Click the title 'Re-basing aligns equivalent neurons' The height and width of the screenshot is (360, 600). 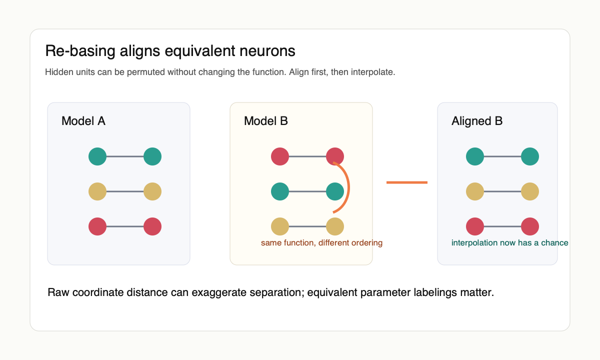(x=170, y=51)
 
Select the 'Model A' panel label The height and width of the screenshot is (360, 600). (x=83, y=121)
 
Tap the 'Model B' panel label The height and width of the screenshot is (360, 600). (x=265, y=121)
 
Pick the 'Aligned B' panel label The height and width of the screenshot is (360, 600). (x=476, y=121)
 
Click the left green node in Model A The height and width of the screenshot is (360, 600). (x=97, y=156)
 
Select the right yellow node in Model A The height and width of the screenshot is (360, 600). (x=152, y=191)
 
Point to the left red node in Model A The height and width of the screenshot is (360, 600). (x=97, y=226)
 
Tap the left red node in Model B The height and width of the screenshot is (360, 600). (x=280, y=156)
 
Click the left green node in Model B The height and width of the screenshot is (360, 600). (x=280, y=191)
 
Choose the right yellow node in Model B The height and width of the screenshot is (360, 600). (x=335, y=226)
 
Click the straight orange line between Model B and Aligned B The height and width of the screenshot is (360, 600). (x=407, y=182)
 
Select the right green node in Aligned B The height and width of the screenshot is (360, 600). (x=530, y=156)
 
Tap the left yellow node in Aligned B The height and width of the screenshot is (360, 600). (x=475, y=191)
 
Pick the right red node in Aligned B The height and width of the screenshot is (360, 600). (x=530, y=226)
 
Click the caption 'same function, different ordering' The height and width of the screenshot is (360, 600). (x=321, y=243)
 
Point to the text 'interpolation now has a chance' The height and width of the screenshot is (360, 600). (x=509, y=243)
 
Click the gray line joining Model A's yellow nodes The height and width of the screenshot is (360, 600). (x=125, y=191)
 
